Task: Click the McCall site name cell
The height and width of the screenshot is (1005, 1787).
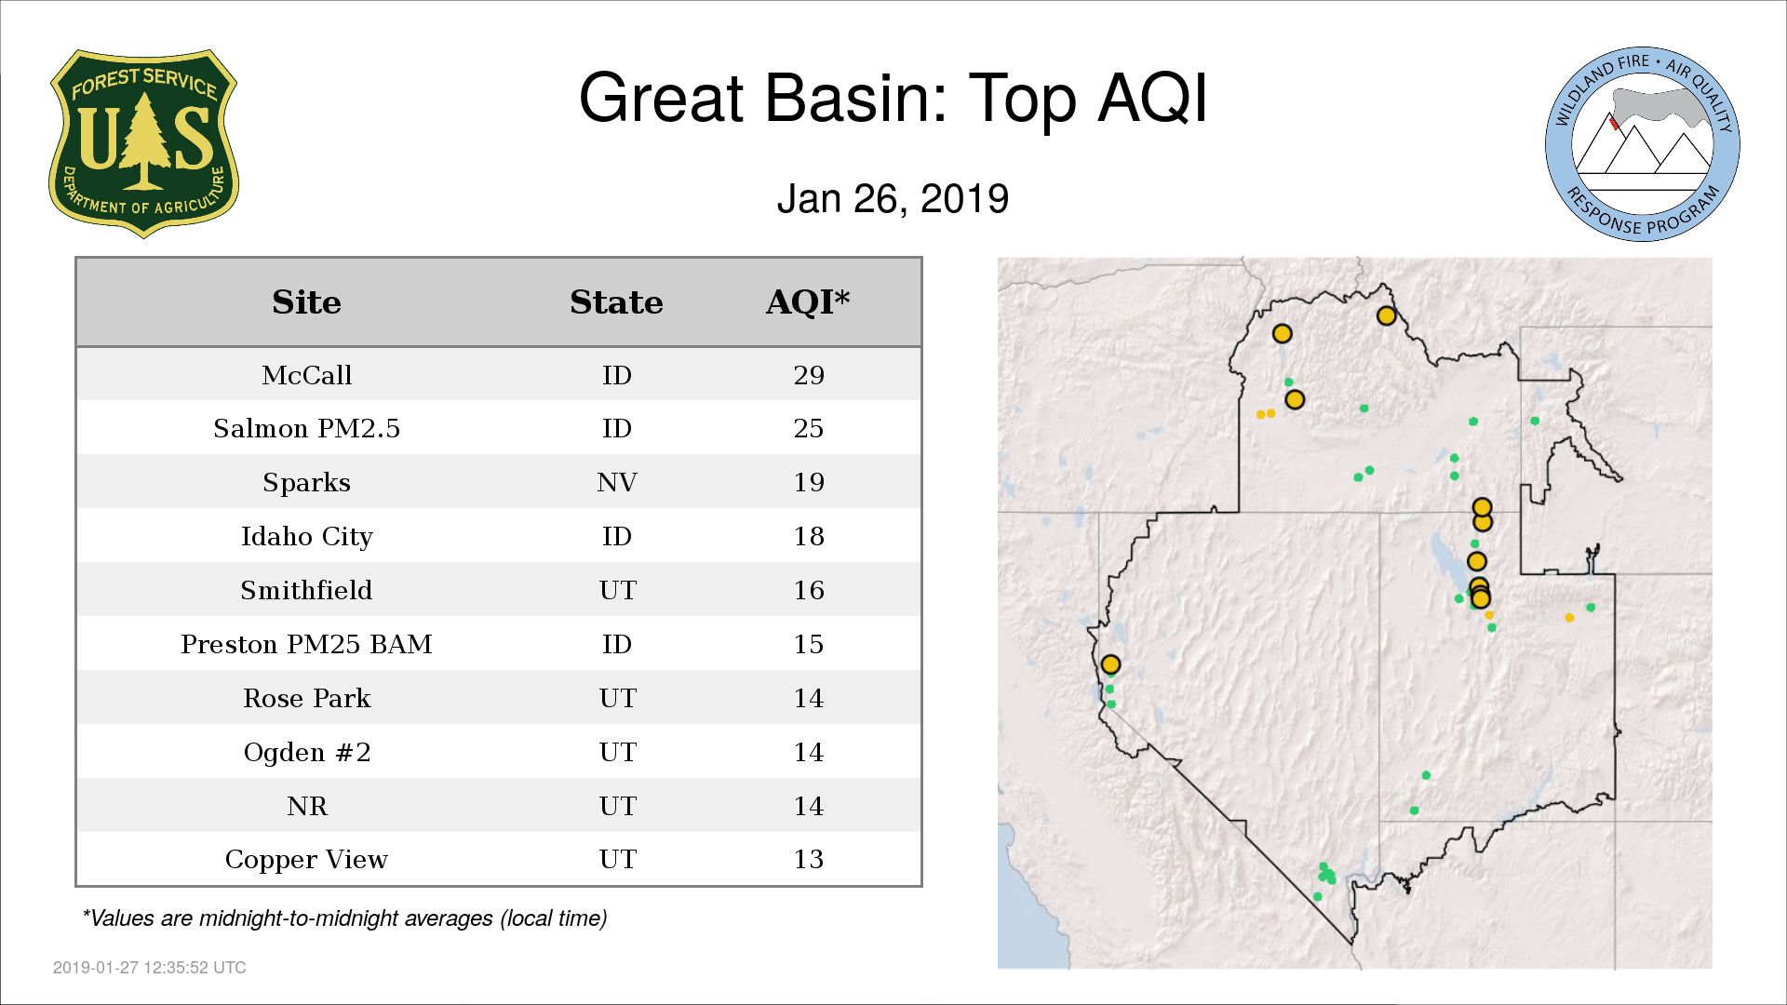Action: pyautogui.click(x=306, y=375)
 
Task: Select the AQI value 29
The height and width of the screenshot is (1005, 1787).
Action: pyautogui.click(x=809, y=375)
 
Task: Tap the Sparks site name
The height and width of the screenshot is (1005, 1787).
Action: pyautogui.click(x=306, y=482)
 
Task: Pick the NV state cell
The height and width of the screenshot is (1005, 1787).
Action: pyautogui.click(x=617, y=482)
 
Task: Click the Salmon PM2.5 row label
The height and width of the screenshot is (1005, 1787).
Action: pyautogui.click(x=306, y=428)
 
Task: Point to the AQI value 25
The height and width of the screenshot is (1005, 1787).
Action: pyautogui.click(x=809, y=428)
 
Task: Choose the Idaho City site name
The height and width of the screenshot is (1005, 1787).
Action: pyautogui.click(x=306, y=537)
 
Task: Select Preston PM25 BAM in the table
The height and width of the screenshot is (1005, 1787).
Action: pyautogui.click(x=306, y=644)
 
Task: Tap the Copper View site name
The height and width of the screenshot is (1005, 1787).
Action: pyautogui.click(x=306, y=860)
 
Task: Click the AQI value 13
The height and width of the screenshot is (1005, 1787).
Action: pyautogui.click(x=809, y=859)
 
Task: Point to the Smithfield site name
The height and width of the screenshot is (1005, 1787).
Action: pyautogui.click(x=306, y=590)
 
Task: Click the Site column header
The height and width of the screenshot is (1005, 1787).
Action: pyautogui.click(x=306, y=302)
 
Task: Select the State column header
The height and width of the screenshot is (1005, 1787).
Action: pyautogui.click(x=616, y=302)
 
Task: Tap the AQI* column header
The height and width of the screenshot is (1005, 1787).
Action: pyautogui.click(x=808, y=301)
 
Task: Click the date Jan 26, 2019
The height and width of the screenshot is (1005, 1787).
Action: pyautogui.click(x=893, y=199)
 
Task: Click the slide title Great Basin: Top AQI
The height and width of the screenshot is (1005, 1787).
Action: pyautogui.click(x=893, y=98)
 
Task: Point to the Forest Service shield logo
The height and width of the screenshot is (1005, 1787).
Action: pyautogui.click(x=143, y=144)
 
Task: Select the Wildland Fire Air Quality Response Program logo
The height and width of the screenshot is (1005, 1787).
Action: pyautogui.click(x=1643, y=144)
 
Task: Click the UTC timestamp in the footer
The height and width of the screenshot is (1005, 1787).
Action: pyautogui.click(x=150, y=968)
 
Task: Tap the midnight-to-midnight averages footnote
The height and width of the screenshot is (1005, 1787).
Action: pyautogui.click(x=344, y=918)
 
